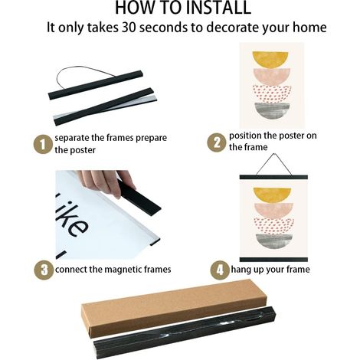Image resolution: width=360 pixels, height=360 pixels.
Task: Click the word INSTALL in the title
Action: [x=218, y=8]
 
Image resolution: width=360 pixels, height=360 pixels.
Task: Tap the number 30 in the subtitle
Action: [x=129, y=27]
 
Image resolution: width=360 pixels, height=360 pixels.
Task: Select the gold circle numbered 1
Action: [x=43, y=144]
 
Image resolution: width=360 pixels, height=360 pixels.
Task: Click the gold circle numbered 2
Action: [x=217, y=142]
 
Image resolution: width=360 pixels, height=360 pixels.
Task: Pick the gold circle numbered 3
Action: [x=44, y=270]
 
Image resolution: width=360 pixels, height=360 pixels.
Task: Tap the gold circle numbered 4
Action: [x=220, y=270]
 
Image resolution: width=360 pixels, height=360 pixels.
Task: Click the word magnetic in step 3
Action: [x=123, y=270]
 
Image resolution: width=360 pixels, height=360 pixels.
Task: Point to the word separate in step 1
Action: [x=72, y=138]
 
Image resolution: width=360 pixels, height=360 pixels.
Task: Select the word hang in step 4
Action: [x=239, y=270]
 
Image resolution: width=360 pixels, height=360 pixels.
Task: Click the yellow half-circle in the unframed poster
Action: [x=270, y=60]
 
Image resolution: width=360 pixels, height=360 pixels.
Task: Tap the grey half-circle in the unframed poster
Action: [x=272, y=111]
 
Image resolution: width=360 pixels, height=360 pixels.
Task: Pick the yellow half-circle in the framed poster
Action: [x=272, y=194]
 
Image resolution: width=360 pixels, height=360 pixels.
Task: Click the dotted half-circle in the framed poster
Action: [x=274, y=226]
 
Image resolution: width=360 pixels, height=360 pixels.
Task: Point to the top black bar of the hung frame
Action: [x=273, y=177]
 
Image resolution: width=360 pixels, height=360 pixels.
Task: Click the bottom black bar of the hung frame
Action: [x=273, y=260]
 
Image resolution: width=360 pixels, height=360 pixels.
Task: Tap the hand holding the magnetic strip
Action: [x=107, y=182]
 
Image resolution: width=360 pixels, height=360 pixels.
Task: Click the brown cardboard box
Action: [x=174, y=309]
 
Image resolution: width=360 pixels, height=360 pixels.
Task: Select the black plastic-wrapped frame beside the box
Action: [x=185, y=332]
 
